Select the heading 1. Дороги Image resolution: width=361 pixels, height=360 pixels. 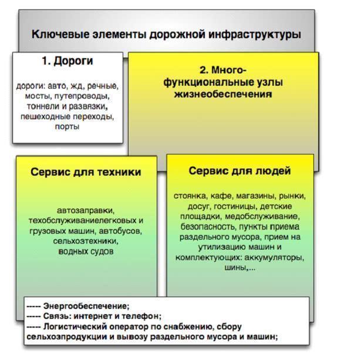point(68,61)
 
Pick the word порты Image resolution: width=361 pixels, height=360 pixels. point(68,127)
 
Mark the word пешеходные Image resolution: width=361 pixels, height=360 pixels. point(45,117)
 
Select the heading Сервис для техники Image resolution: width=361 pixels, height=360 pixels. point(86,173)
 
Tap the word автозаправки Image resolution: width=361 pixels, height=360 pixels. point(86,210)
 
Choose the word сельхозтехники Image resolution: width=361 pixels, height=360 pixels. point(86,241)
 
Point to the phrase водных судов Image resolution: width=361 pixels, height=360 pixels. point(86,252)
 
